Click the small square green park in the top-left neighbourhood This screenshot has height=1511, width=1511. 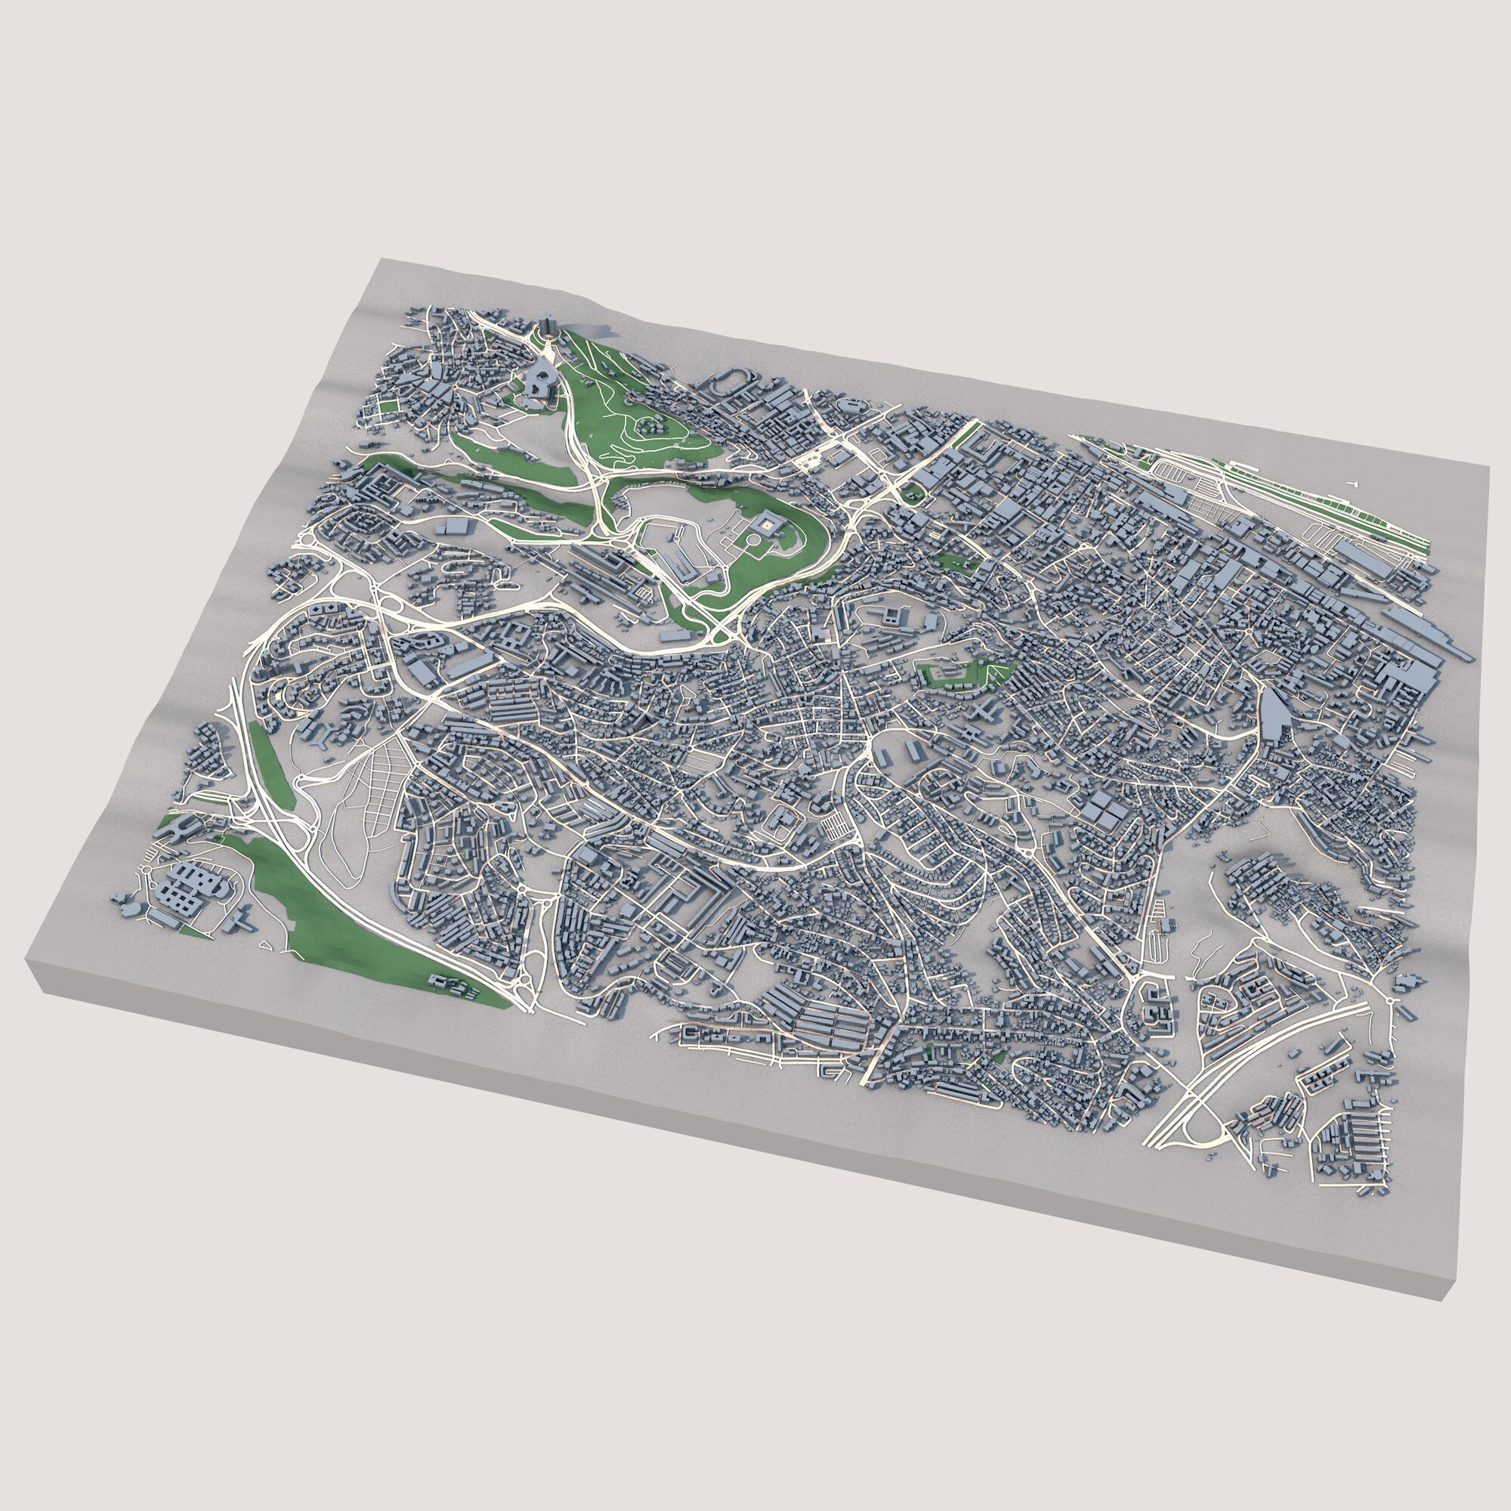(386, 404)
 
